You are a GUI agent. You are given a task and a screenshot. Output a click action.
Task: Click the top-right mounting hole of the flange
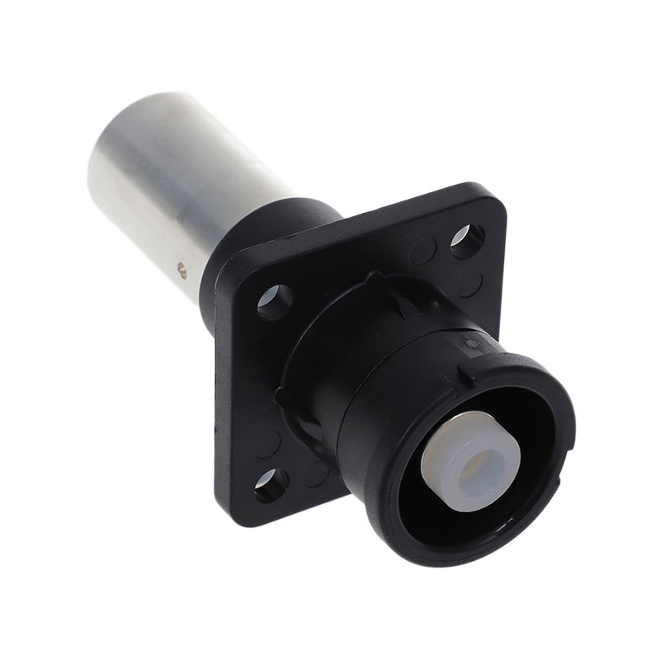[466, 240]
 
